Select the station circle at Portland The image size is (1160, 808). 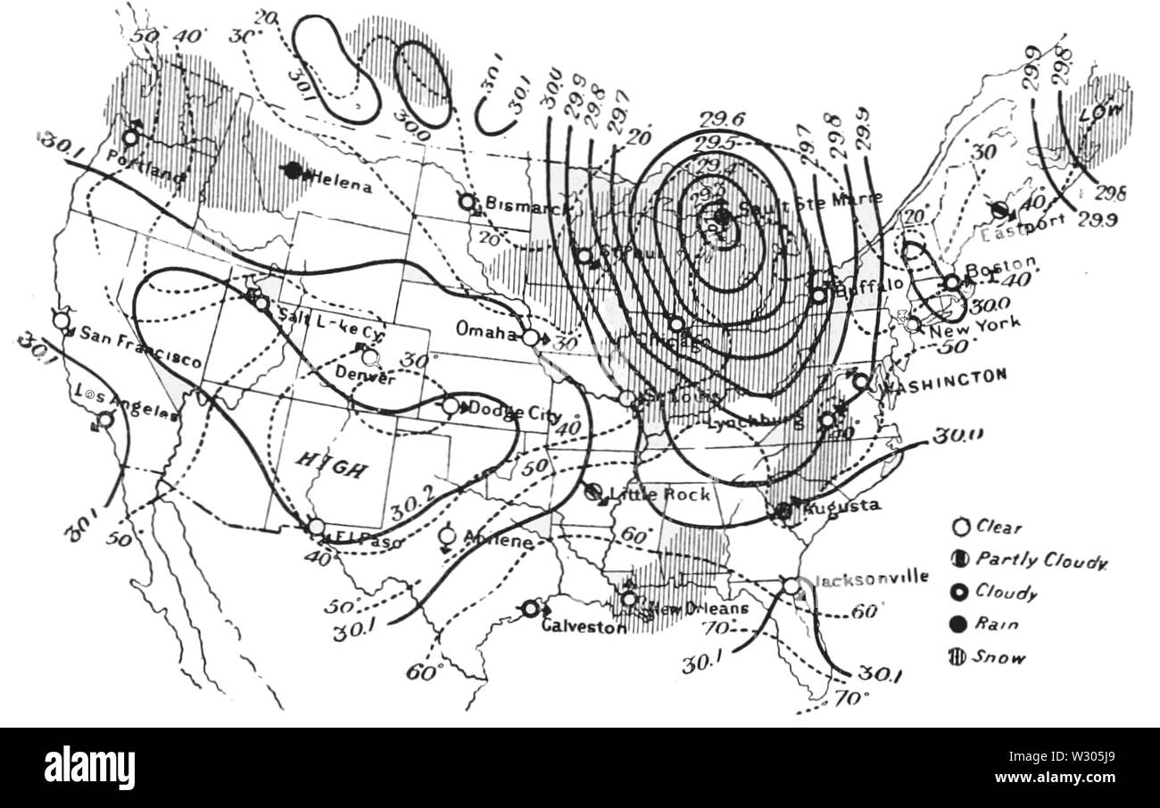coord(130,137)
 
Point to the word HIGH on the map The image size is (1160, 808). coord(331,464)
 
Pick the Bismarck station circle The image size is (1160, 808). coord(467,202)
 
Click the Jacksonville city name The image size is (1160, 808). coord(872,577)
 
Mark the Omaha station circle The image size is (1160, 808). coord(531,337)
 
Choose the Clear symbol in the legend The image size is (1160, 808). coord(960,527)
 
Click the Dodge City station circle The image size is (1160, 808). coord(451,406)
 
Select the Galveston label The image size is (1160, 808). coord(584,627)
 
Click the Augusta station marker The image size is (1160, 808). coord(783,511)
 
